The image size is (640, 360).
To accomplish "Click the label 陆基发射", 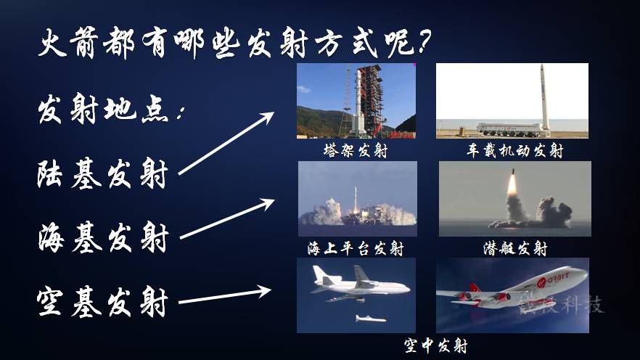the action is (102, 175).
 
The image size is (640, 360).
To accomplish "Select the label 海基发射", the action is (103, 237).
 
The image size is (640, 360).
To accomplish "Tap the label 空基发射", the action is (102, 302).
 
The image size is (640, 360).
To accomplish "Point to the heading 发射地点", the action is (110, 109).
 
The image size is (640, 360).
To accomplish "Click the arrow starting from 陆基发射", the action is (226, 143).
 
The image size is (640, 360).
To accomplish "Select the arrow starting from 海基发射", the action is (227, 218).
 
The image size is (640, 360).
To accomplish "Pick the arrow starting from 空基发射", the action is (225, 296).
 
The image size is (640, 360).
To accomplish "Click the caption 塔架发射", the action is (356, 151).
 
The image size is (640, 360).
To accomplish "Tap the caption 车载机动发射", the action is (515, 151).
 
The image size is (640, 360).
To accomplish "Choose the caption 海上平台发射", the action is (356, 248).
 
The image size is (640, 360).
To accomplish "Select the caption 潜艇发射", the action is (515, 248).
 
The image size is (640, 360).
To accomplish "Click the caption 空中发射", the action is (435, 345).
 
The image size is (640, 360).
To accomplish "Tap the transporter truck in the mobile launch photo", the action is (511, 130).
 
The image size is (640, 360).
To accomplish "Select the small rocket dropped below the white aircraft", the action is (371, 319).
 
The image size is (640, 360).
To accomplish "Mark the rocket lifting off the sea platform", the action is (356, 200).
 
